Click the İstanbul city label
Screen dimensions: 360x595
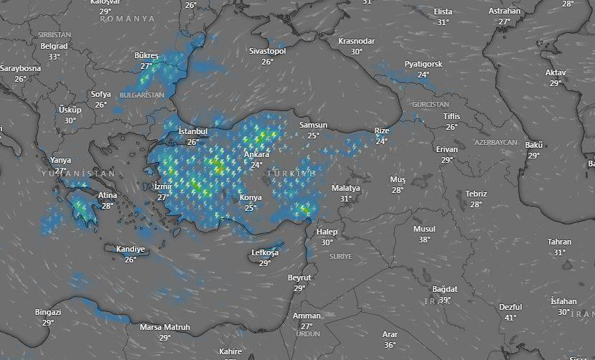coord(192,132)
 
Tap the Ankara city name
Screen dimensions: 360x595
coord(256,155)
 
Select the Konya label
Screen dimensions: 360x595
coord(250,198)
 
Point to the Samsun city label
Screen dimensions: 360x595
coord(313,125)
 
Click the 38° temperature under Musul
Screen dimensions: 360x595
coord(424,240)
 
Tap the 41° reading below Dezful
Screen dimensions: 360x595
coord(510,317)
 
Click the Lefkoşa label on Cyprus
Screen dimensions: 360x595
coord(265,253)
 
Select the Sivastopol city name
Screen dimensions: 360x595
coord(267,52)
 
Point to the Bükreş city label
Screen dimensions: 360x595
coord(146,56)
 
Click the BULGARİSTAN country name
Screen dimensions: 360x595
coord(142,95)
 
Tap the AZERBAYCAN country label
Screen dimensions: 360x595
coord(495,143)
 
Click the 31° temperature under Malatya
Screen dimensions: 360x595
coord(345,199)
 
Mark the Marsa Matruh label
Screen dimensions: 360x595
coord(165,328)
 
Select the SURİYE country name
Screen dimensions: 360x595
coord(340,257)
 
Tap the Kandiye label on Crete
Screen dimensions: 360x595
coord(131,250)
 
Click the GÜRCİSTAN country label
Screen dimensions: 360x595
coord(431,105)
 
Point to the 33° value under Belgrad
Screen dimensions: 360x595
coord(54,57)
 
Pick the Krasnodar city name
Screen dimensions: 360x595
coord(356,42)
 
